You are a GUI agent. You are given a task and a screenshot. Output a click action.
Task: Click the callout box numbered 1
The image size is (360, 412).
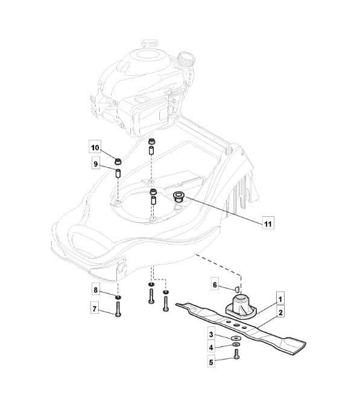click(x=280, y=299)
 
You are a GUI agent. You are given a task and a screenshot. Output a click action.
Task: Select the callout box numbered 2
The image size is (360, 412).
click(x=280, y=313)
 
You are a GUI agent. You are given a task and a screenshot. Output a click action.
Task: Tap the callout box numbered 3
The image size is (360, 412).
click(x=211, y=335)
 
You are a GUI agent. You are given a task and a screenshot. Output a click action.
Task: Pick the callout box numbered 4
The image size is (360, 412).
click(x=211, y=348)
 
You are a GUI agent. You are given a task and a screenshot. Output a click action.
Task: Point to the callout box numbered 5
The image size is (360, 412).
click(x=211, y=362)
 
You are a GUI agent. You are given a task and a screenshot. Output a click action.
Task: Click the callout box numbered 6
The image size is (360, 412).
click(x=215, y=285)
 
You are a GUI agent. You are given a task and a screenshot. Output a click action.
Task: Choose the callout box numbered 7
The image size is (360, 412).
click(x=95, y=309)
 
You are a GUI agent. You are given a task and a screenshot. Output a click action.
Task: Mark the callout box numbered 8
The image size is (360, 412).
click(x=96, y=290)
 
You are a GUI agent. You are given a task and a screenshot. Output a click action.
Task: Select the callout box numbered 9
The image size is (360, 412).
click(x=96, y=164)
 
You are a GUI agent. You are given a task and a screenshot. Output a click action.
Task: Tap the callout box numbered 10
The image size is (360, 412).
click(x=95, y=148)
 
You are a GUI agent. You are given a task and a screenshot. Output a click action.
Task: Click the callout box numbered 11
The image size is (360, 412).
click(x=268, y=224)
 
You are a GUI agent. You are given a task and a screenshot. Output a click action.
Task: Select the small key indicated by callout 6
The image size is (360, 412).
click(x=236, y=289)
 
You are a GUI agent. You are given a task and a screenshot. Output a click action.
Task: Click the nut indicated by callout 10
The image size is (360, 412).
click(x=118, y=161)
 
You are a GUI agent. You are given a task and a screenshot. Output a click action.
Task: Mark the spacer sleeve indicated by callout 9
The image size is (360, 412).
click(x=118, y=173)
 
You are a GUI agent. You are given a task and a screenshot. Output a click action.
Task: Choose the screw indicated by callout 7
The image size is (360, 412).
click(x=118, y=309)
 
